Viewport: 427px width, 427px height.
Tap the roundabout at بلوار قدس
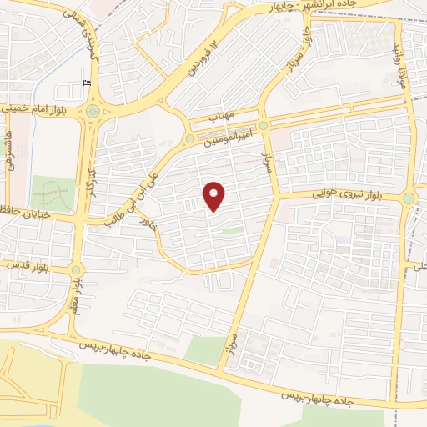(x=76, y=269)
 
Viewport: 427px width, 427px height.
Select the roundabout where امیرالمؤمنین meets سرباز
(x=264, y=125)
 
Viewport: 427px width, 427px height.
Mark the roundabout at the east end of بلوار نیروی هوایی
(x=409, y=198)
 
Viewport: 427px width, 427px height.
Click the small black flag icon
(x=88, y=82)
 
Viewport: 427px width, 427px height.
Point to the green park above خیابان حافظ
(x=52, y=193)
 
